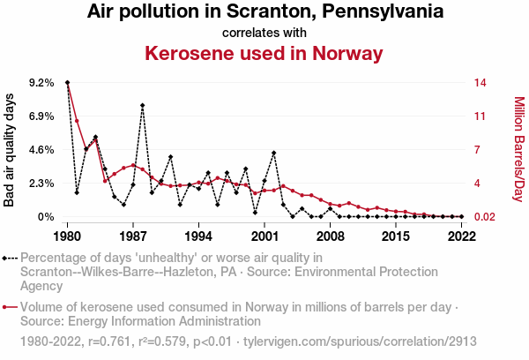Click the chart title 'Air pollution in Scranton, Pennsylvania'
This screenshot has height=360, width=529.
point(264,12)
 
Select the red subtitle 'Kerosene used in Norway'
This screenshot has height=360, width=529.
point(264,54)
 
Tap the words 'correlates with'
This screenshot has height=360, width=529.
point(264,33)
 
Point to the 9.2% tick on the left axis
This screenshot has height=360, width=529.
point(42,83)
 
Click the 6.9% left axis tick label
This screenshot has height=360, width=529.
point(42,116)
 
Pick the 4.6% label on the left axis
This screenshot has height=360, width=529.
point(42,150)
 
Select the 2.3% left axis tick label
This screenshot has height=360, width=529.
point(42,184)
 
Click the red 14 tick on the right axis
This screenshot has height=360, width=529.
point(480,83)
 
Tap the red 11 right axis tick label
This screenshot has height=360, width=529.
point(480,116)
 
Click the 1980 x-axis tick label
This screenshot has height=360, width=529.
point(68,236)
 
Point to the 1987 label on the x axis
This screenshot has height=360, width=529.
point(133,236)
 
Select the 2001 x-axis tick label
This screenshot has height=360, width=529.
point(264,236)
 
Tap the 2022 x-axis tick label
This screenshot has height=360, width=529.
point(461,236)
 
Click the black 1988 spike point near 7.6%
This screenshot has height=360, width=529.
point(142,105)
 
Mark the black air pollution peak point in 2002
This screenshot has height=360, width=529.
point(274,153)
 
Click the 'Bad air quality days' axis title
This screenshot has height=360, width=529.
point(10,150)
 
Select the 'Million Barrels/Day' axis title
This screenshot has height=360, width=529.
point(518,150)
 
